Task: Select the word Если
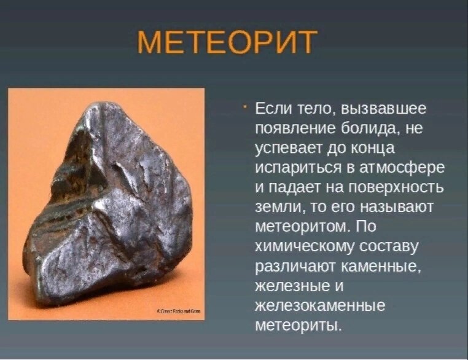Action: click(271, 110)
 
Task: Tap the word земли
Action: click(275, 208)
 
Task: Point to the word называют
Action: click(399, 208)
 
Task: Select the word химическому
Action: click(306, 246)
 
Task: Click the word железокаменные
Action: click(319, 305)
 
